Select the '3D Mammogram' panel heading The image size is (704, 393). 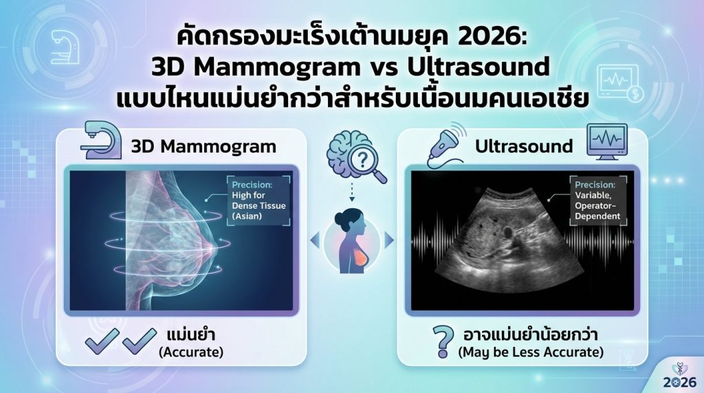[203, 147]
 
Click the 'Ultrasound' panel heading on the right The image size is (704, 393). [524, 146]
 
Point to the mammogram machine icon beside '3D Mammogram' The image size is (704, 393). [100, 140]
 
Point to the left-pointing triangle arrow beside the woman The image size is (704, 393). [315, 240]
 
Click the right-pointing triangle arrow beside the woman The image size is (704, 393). [389, 240]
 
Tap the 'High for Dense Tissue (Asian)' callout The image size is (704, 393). [259, 201]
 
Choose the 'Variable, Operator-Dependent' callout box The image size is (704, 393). [598, 201]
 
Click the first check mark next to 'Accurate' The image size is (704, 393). [102, 341]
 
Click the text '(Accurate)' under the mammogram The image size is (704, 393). [191, 352]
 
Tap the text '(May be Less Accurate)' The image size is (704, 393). [531, 352]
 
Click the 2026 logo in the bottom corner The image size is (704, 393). [680, 376]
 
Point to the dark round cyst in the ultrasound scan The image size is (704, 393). [509, 233]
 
